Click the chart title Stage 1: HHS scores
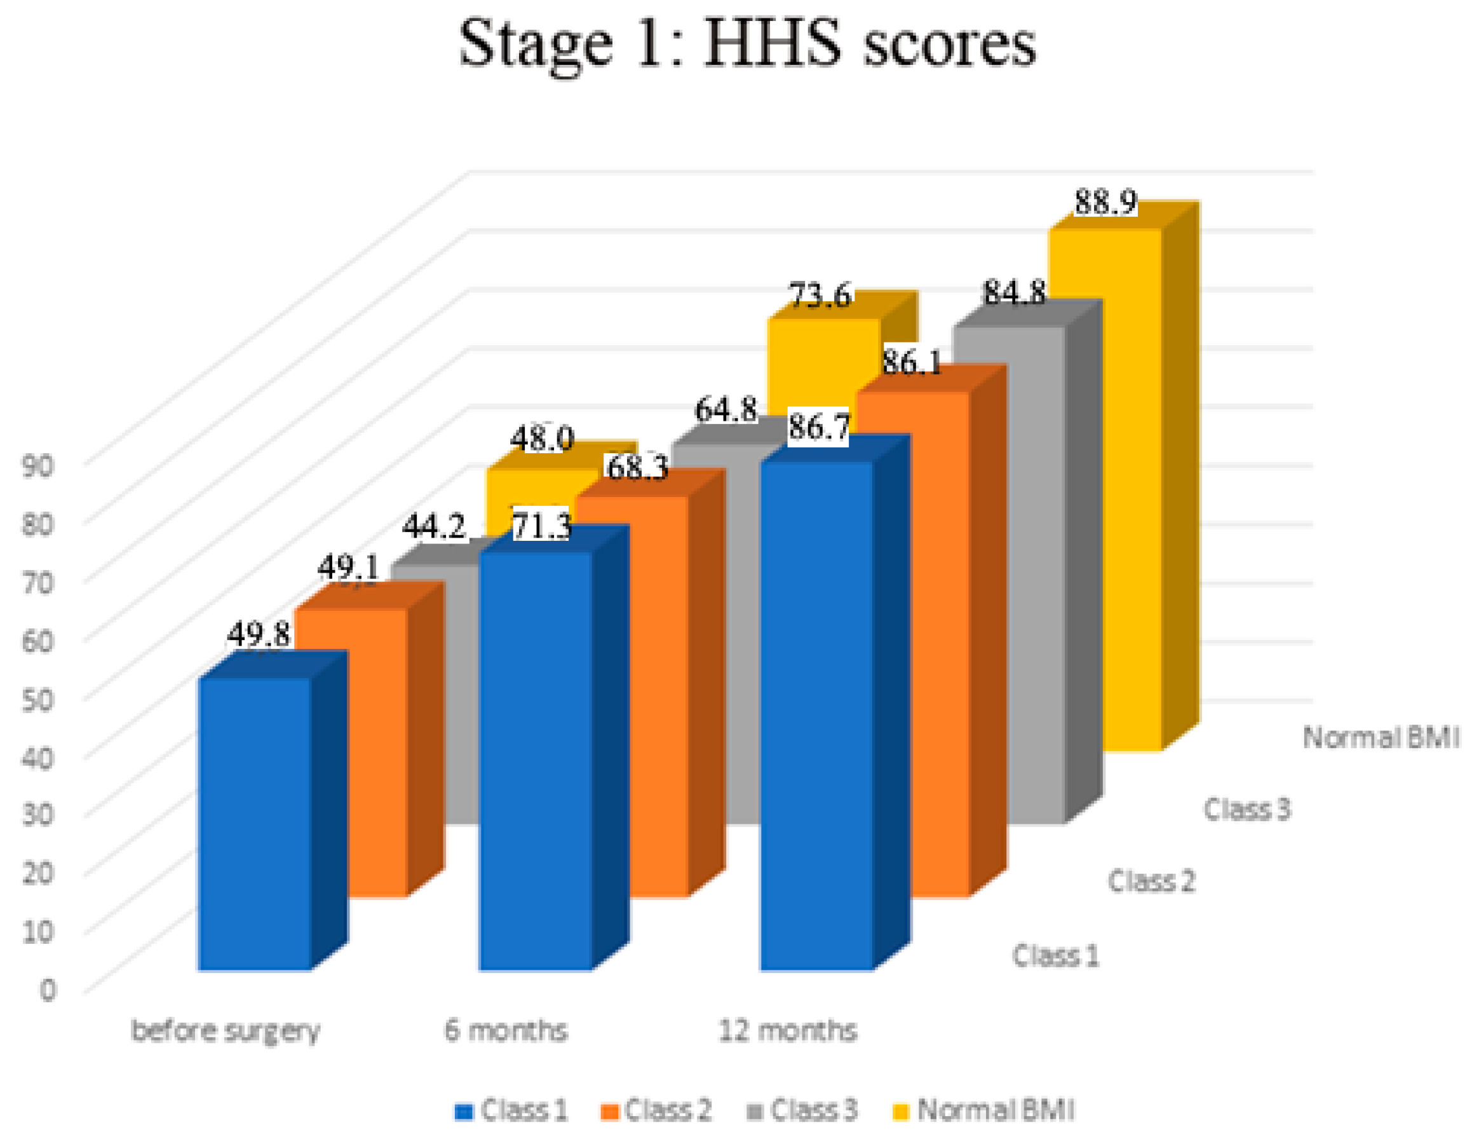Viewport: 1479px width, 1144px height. click(x=747, y=44)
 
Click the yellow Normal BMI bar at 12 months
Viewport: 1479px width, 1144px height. click(x=1105, y=487)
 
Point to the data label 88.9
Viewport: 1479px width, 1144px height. click(x=1105, y=202)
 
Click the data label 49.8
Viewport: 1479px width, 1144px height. click(x=258, y=635)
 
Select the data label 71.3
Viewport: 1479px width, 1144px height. click(x=541, y=526)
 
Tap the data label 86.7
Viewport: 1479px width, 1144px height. click(x=819, y=427)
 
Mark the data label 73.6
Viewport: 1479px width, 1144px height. click(x=820, y=296)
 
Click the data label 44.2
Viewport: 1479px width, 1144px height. click(x=433, y=527)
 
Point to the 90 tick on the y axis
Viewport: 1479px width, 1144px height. click(x=37, y=466)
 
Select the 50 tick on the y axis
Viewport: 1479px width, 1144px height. click(x=37, y=699)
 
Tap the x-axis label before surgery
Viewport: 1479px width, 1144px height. click(x=225, y=1031)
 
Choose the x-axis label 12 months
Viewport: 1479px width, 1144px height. click(x=787, y=1030)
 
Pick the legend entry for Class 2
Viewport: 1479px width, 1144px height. click(x=656, y=1111)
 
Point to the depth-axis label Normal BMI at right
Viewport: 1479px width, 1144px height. click(x=1381, y=738)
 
